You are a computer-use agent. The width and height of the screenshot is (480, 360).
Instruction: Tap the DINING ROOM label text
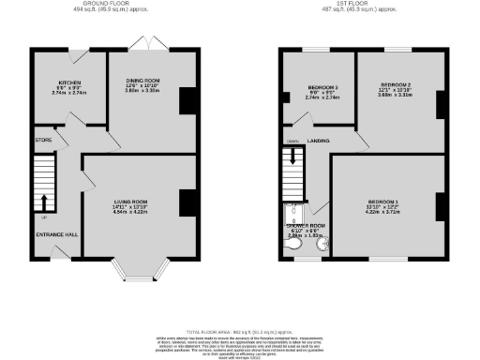point(144,80)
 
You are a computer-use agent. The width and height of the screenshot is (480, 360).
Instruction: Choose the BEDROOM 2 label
point(396,83)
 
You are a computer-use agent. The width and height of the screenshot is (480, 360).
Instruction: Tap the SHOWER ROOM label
point(307,225)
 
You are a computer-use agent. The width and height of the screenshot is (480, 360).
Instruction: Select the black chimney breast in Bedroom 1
point(440,205)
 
